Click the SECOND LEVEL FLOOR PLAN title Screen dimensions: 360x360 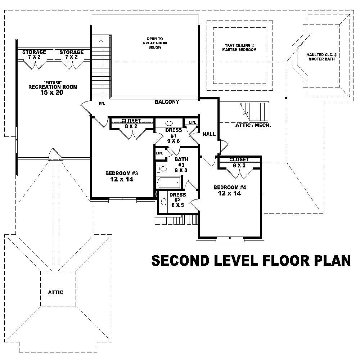(x=251, y=261)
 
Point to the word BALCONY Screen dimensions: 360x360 (x=167, y=102)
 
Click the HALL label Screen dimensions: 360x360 (x=209, y=134)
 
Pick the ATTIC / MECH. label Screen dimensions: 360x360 (x=253, y=126)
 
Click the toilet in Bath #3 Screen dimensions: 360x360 (x=162, y=168)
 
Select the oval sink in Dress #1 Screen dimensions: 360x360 (x=169, y=122)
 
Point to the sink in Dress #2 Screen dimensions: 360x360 (x=163, y=202)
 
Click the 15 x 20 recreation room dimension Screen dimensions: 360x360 (x=53, y=93)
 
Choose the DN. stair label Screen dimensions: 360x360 (x=101, y=103)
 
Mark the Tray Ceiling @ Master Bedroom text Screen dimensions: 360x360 (x=239, y=48)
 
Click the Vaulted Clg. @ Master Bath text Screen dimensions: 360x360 (x=320, y=57)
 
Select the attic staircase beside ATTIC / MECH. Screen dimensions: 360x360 (x=256, y=112)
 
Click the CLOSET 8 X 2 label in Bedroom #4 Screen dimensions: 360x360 (x=239, y=162)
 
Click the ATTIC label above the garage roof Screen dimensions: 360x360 (x=55, y=292)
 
